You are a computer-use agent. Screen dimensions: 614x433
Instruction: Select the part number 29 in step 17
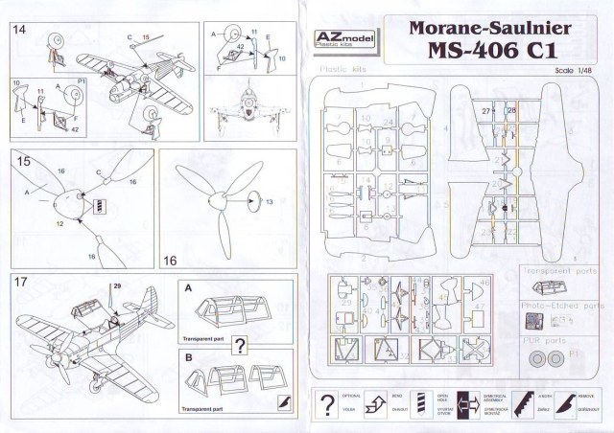click(x=117, y=286)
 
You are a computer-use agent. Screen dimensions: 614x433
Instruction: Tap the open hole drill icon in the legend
click(x=420, y=403)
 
